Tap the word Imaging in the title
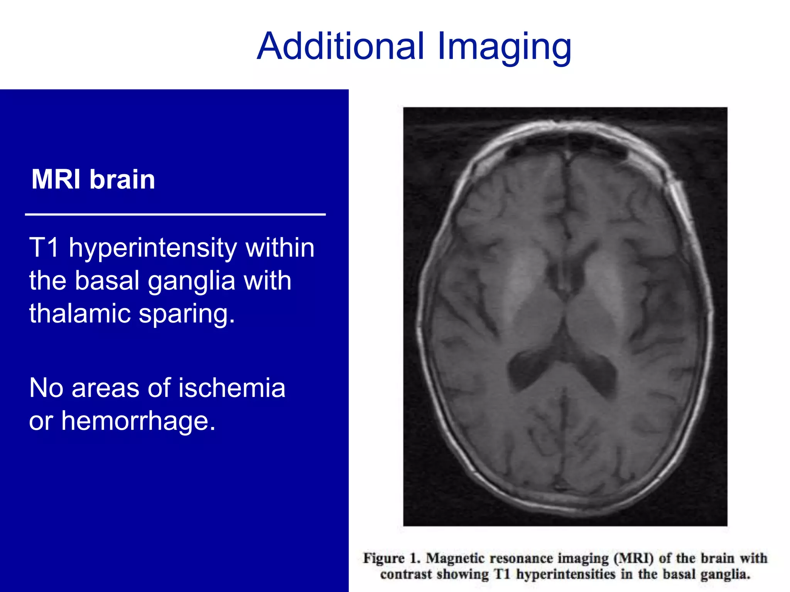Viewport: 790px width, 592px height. [x=504, y=47]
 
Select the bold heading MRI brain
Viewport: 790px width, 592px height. [x=93, y=180]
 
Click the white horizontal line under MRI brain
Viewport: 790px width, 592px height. [x=176, y=214]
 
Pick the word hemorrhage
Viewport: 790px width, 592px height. [x=138, y=421]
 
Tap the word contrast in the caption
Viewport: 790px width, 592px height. [x=406, y=575]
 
